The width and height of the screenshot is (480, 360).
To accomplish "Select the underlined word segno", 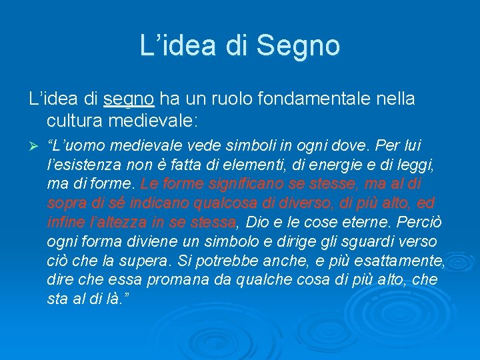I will [x=129, y=99].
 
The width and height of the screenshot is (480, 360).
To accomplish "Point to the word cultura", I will [x=74, y=122].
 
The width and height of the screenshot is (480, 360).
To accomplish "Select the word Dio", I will [x=259, y=221].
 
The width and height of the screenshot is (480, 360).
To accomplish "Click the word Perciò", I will [x=414, y=221].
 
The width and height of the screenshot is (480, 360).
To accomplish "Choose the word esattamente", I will [x=401, y=260].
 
